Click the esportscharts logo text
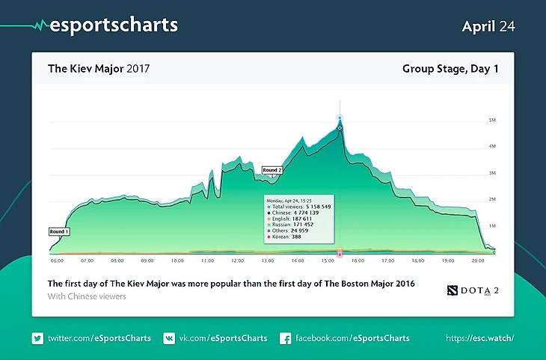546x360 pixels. (x=113, y=25)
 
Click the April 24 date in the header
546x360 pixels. (x=488, y=26)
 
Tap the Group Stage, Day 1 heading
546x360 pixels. (x=450, y=69)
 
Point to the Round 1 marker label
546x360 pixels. (x=59, y=231)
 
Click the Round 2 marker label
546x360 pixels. (x=272, y=170)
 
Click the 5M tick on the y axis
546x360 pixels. (x=491, y=120)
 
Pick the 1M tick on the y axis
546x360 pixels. (x=491, y=225)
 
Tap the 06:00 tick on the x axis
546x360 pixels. (x=57, y=261)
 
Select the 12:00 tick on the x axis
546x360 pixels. (x=237, y=261)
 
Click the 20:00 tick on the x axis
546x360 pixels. (x=478, y=261)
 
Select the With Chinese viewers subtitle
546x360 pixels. (x=86, y=296)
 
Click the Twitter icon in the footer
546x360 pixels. (x=37, y=338)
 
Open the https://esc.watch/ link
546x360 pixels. (x=480, y=338)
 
